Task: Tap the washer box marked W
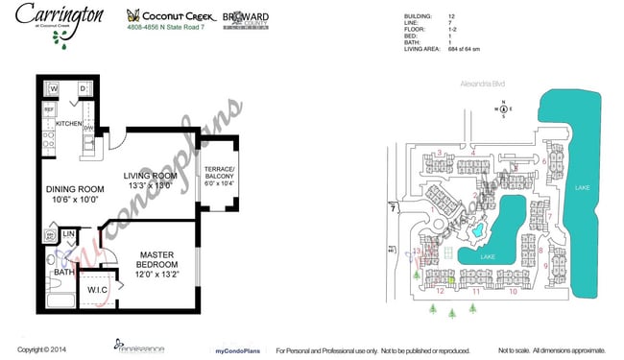pyautogui.click(x=54, y=89)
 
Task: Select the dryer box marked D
pyautogui.click(x=83, y=89)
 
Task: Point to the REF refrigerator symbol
pyautogui.click(x=49, y=110)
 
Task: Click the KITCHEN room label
pyautogui.click(x=69, y=125)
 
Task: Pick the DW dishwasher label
pyautogui.click(x=87, y=128)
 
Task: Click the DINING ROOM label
pyautogui.click(x=75, y=189)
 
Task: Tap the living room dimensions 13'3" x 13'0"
pyautogui.click(x=151, y=186)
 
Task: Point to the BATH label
pyautogui.click(x=64, y=272)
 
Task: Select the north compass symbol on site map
pyautogui.click(x=503, y=108)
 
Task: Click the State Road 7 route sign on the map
pyautogui.click(x=393, y=206)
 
